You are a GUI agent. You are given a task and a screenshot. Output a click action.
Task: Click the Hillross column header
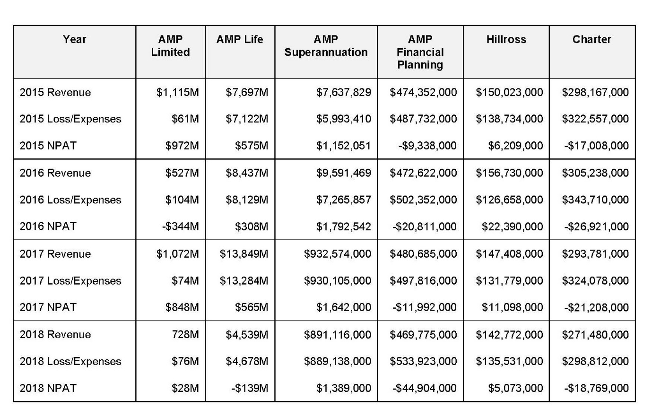tap(506, 39)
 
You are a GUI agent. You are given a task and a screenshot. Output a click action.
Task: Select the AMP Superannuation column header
tap(326, 46)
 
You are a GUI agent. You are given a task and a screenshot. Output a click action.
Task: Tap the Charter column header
tap(592, 39)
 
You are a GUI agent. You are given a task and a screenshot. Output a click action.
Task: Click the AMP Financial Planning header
tap(420, 52)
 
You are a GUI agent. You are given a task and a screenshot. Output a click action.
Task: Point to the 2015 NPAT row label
tap(48, 146)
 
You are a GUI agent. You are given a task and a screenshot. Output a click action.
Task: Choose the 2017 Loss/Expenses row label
tap(70, 280)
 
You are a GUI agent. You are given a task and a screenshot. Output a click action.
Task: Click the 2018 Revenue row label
tap(55, 334)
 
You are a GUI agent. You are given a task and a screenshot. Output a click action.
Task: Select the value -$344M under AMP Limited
tap(181, 226)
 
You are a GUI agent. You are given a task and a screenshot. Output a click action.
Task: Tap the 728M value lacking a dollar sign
tap(185, 334)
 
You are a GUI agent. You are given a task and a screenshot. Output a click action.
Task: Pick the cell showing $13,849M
tap(244, 254)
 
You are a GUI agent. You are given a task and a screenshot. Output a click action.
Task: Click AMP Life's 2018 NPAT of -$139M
tap(250, 388)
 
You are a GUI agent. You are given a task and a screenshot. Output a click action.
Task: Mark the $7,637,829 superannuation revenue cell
tap(344, 93)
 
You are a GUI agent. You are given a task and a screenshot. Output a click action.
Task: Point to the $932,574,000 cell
tap(338, 254)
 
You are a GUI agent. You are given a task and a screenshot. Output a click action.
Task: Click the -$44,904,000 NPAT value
tap(425, 388)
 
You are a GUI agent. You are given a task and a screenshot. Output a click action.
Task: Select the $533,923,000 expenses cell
tap(424, 361)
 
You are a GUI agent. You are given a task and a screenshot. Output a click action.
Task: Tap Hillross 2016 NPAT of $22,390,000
tap(513, 226)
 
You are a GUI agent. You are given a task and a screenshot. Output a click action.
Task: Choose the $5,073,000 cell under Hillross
tap(515, 388)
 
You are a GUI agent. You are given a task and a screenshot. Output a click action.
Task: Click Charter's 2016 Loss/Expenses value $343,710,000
tap(596, 200)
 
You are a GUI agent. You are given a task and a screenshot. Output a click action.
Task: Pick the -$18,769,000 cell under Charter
tap(597, 388)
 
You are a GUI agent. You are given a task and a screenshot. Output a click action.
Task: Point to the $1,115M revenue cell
tap(178, 93)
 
